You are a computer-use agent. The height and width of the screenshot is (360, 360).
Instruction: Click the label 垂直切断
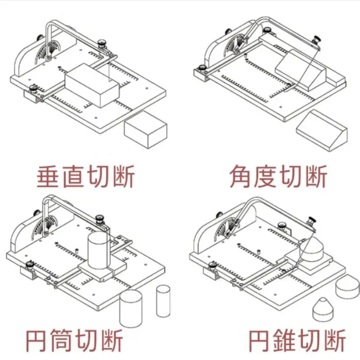coord(86,176)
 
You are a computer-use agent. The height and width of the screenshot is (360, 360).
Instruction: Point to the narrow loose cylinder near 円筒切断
coord(162,301)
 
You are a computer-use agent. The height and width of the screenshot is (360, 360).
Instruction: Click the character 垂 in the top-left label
coord(48,176)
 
